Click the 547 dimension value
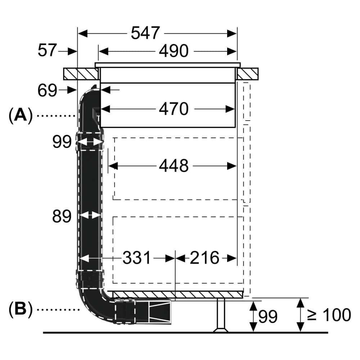(x=145, y=33)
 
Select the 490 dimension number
(x=174, y=51)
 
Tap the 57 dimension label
(x=47, y=51)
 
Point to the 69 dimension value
(x=47, y=90)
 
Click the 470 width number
(x=174, y=109)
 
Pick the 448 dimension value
(x=174, y=166)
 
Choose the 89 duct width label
(x=62, y=216)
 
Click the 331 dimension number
(x=137, y=258)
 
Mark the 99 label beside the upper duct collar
(x=62, y=142)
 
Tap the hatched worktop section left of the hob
(x=81, y=74)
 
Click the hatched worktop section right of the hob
(x=248, y=74)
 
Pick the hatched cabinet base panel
(x=176, y=295)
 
